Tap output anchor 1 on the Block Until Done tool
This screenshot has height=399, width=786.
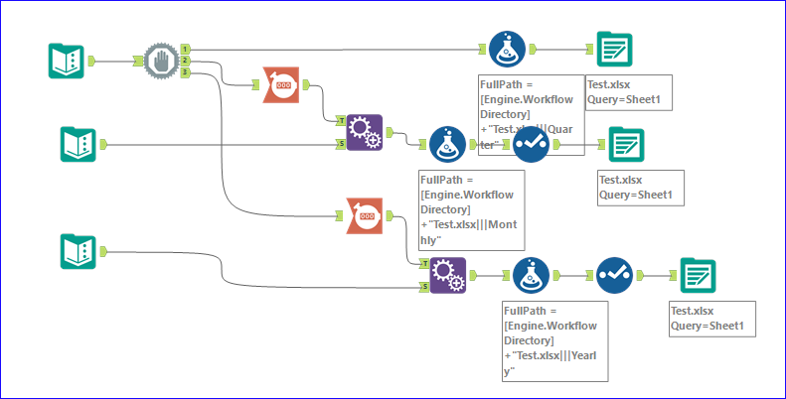click(x=186, y=48)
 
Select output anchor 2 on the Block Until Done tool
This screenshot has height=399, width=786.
click(x=186, y=61)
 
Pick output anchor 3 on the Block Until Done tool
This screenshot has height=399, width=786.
click(x=186, y=71)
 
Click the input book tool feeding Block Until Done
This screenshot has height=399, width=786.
click(x=67, y=61)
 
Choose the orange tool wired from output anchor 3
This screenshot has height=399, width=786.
click(x=365, y=214)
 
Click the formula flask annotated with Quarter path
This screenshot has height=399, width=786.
click(x=507, y=48)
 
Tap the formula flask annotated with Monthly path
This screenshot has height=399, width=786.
click(x=448, y=144)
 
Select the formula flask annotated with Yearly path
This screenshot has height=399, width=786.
click(x=531, y=275)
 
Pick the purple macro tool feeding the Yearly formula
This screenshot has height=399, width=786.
click(x=448, y=275)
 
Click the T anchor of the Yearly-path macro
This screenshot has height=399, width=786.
click(x=424, y=264)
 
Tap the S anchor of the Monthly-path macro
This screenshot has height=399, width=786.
click(x=342, y=144)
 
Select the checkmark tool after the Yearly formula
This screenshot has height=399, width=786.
click(x=615, y=275)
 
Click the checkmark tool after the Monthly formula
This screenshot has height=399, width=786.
click(x=531, y=144)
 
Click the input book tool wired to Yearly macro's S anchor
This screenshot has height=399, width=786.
click(x=78, y=251)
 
